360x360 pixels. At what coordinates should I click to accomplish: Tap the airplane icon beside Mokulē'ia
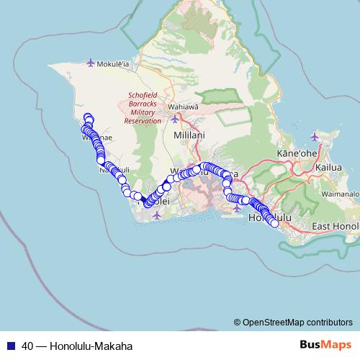(x=90, y=63)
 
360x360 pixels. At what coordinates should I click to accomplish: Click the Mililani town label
(x=189, y=135)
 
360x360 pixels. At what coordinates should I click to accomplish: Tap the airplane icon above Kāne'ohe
(x=315, y=136)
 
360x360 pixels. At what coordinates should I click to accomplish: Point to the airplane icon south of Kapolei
(x=157, y=215)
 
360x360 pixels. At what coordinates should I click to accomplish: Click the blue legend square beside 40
(x=11, y=346)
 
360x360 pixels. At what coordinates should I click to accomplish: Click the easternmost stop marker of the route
(x=274, y=223)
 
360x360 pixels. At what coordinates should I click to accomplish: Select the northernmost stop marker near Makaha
(x=88, y=117)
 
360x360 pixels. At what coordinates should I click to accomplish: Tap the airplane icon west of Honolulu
(x=238, y=208)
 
